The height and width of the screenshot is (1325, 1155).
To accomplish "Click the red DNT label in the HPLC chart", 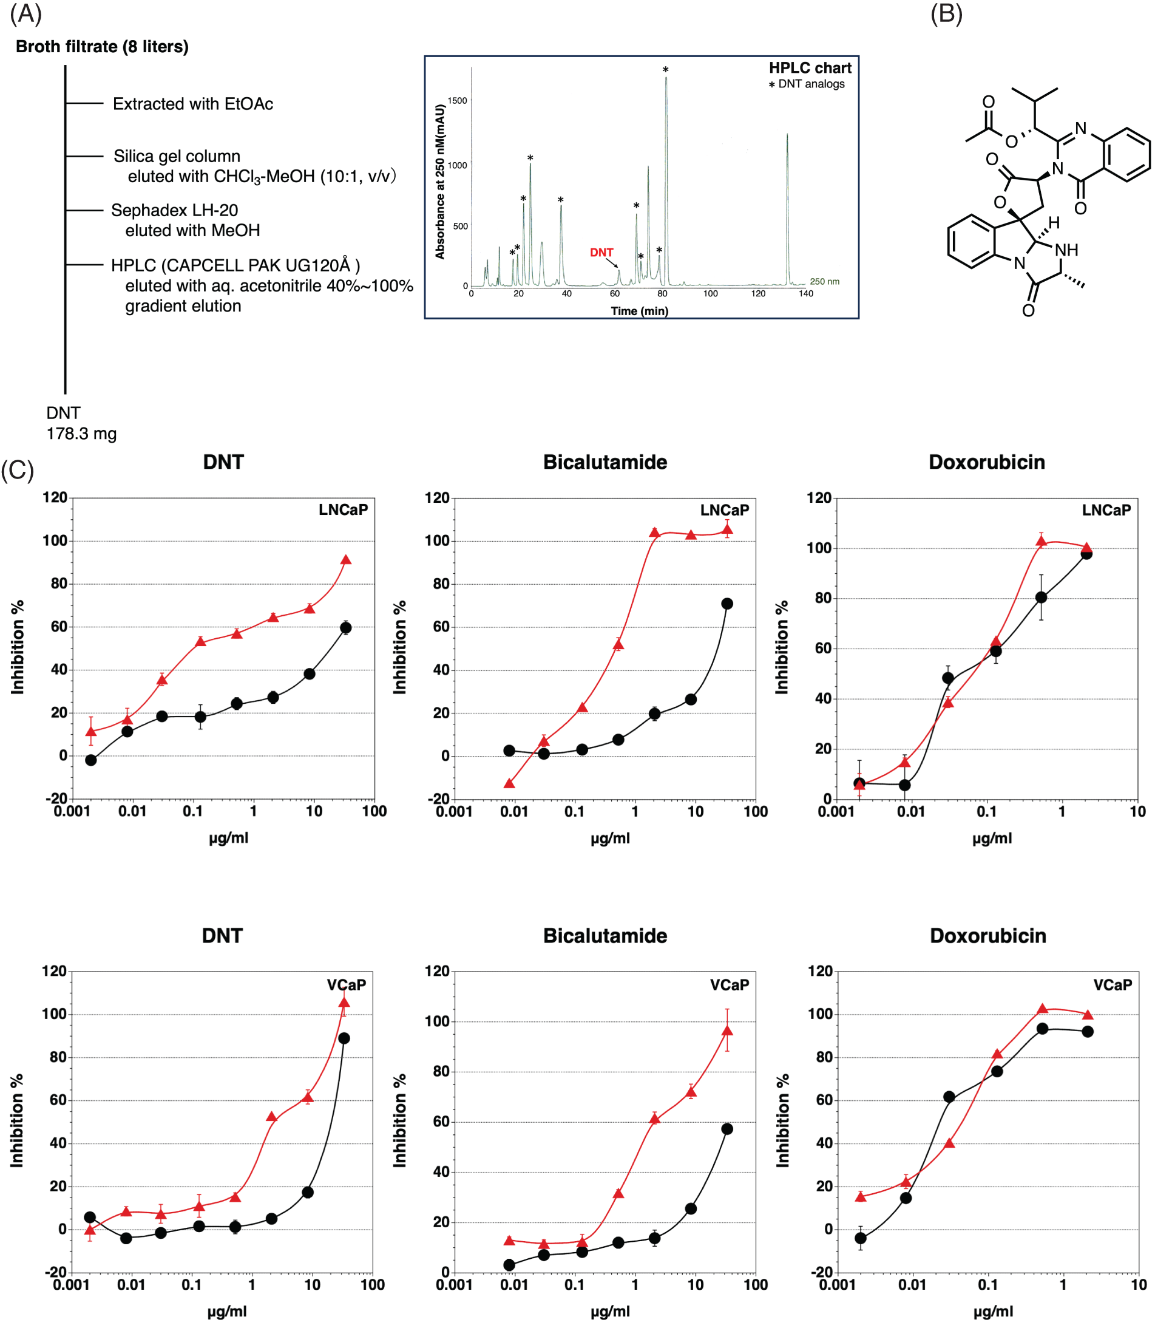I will (x=601, y=252).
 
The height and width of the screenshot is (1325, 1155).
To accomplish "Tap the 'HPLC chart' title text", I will (x=810, y=67).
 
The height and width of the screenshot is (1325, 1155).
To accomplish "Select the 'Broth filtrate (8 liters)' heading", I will (x=102, y=46).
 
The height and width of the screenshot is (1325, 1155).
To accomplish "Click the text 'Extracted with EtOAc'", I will (x=193, y=104).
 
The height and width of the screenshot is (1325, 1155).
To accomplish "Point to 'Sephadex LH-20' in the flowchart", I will (x=175, y=210).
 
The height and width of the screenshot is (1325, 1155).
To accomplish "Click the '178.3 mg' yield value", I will (x=81, y=434).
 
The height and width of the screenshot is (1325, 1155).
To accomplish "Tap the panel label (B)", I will (x=946, y=13).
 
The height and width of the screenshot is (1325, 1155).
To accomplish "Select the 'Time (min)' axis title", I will (x=639, y=311).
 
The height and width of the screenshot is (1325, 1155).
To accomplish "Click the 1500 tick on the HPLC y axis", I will (x=457, y=101).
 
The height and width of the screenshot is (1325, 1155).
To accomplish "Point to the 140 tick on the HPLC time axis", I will (x=805, y=293).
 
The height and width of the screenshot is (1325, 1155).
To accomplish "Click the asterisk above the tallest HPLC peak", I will (x=665, y=70).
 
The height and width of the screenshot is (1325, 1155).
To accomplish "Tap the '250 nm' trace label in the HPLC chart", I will (x=824, y=281).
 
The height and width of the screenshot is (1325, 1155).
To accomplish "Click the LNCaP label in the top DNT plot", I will (x=343, y=509).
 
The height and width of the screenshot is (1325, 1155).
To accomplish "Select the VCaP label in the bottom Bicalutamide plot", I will (x=729, y=984).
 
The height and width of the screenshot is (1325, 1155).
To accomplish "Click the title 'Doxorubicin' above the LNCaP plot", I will (x=986, y=462).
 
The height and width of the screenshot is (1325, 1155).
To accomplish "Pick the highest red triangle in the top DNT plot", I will (x=345, y=560).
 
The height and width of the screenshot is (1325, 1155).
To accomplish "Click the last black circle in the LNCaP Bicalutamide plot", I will (x=727, y=604).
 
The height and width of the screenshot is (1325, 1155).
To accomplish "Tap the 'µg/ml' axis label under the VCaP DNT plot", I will (x=227, y=1311).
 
